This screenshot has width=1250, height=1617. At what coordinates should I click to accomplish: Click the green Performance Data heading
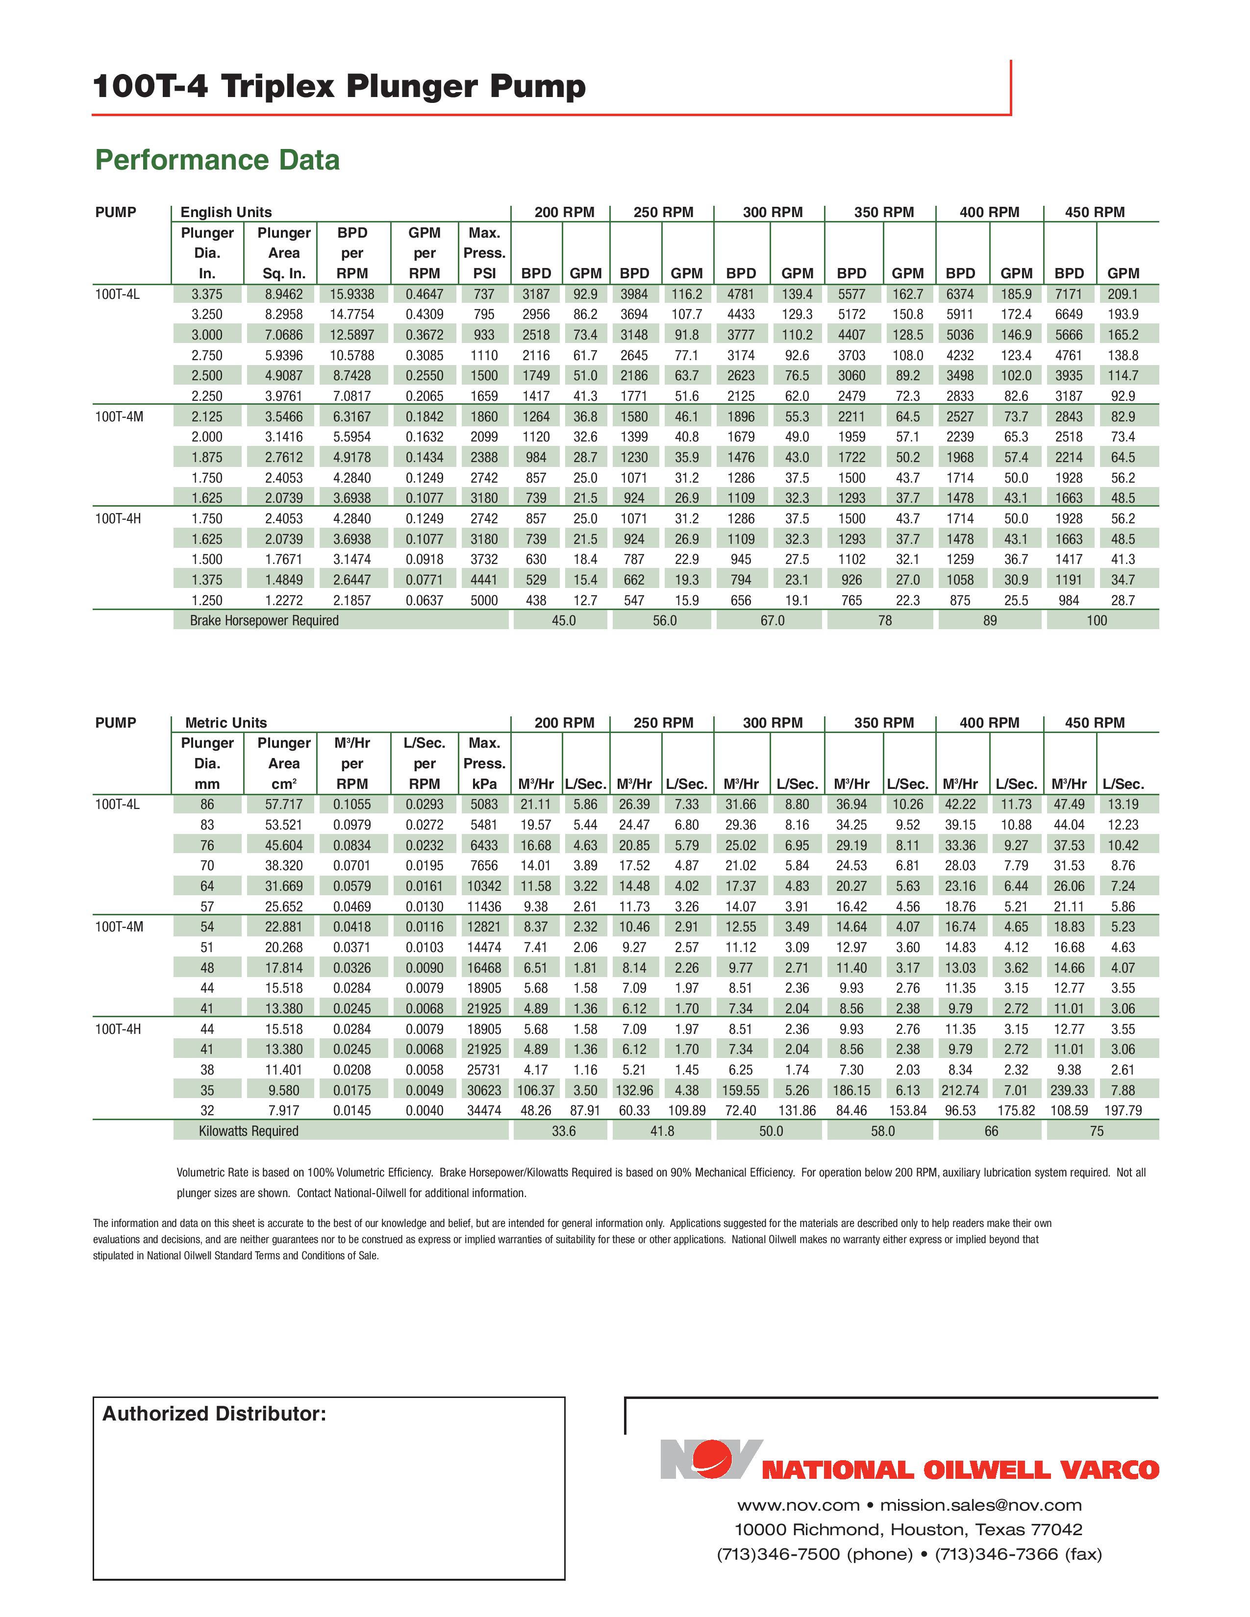[217, 160]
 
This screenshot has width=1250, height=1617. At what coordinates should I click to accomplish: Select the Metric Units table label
[226, 723]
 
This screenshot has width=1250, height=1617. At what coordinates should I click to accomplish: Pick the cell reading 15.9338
[352, 294]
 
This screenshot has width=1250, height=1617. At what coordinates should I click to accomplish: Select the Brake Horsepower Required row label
[264, 620]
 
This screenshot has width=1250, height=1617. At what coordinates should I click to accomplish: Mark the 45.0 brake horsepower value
[564, 620]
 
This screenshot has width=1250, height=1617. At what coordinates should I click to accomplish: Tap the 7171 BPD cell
[1069, 294]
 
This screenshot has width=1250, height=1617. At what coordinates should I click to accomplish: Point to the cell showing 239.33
[1069, 1090]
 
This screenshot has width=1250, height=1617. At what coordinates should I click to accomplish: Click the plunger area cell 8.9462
[284, 294]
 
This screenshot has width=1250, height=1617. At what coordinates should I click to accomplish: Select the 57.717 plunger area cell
[284, 804]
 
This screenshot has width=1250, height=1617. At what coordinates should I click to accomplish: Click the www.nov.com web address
[798, 1505]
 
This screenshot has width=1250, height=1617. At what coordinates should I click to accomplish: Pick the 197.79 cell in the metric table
[1123, 1110]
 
